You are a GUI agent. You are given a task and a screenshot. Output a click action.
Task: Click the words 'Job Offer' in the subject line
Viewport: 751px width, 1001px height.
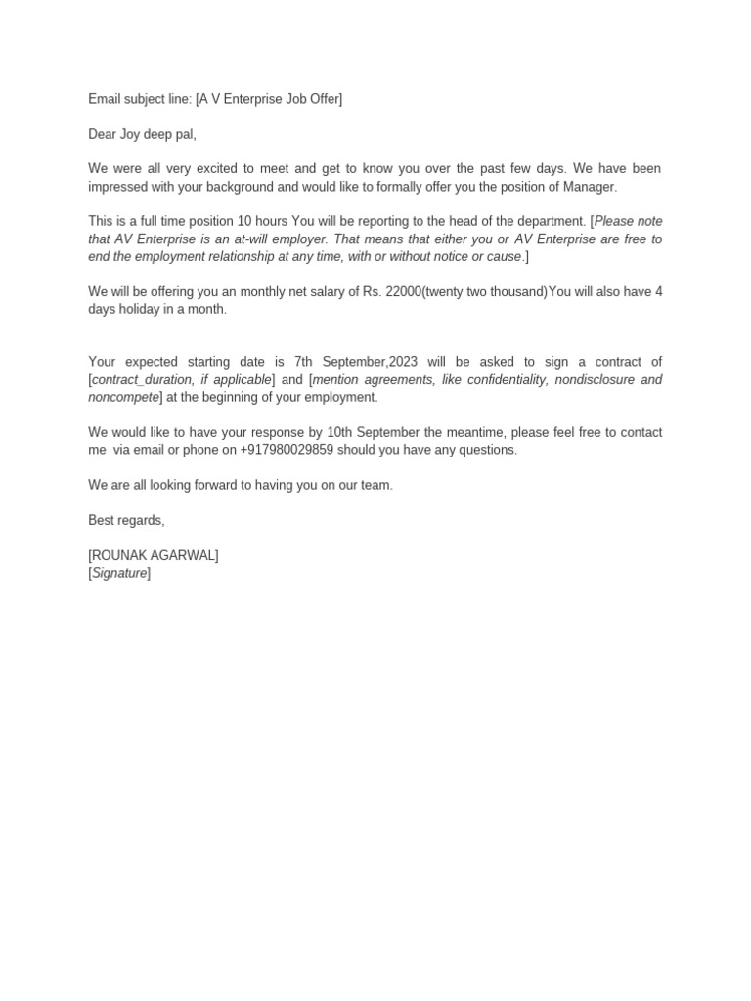tap(310, 99)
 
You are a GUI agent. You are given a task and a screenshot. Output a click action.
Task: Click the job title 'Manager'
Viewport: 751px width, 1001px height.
tap(591, 187)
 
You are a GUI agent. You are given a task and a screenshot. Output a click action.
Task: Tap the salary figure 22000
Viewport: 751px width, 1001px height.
tap(403, 292)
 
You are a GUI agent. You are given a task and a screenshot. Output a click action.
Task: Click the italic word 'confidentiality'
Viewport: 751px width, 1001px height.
tap(502, 380)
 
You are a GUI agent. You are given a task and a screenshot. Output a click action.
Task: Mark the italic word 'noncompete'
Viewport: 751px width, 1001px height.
tap(123, 398)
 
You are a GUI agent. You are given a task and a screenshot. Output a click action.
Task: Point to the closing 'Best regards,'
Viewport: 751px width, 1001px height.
tap(126, 521)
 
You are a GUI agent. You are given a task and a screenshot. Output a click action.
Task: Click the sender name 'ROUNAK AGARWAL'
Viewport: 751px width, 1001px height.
tap(154, 556)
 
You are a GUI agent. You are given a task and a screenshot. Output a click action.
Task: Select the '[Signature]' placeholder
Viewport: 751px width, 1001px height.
tap(119, 574)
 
